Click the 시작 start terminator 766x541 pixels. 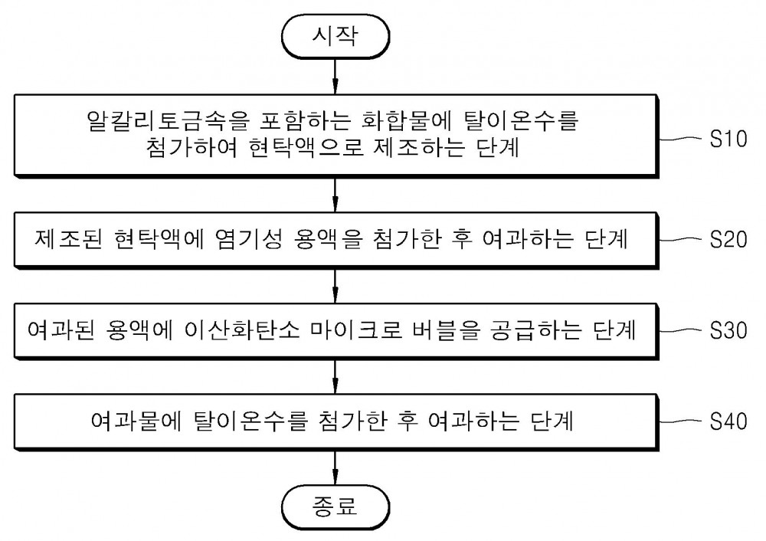(x=336, y=37)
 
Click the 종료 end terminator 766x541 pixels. (x=336, y=507)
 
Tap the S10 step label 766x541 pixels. (x=728, y=139)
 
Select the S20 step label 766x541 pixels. (x=728, y=240)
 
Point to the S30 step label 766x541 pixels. (x=728, y=331)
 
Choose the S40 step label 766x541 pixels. (x=728, y=421)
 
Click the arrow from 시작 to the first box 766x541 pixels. (x=336, y=77)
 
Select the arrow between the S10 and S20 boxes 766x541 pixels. (x=336, y=195)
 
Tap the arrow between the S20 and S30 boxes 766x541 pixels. (x=336, y=285)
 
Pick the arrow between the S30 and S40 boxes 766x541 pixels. (x=336, y=377)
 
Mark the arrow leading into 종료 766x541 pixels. (x=336, y=467)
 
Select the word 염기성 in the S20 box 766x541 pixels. (x=248, y=240)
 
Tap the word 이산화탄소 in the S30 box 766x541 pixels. (x=242, y=331)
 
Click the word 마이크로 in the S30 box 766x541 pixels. (x=356, y=331)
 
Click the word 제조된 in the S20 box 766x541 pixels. (x=68, y=240)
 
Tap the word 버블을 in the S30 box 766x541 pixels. (x=446, y=331)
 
